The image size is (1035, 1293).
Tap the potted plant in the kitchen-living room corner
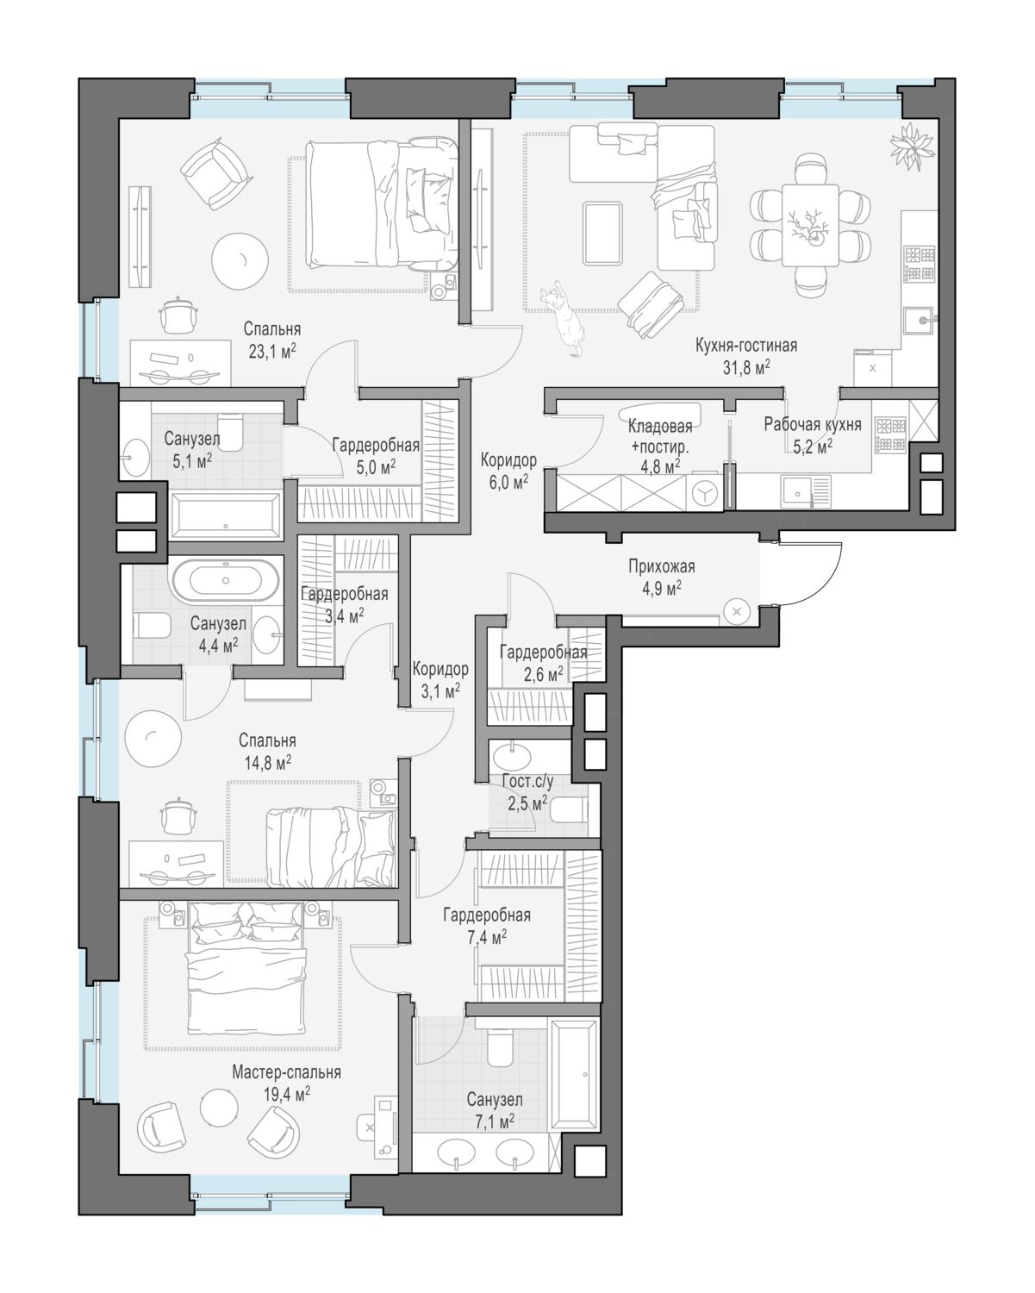tap(913, 146)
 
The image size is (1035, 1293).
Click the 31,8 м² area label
tap(746, 367)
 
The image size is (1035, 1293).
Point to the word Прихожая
tap(661, 566)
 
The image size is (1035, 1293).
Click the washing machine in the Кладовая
tap(705, 493)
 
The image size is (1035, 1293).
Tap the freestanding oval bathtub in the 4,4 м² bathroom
tap(225, 580)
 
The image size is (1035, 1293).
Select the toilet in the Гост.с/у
tap(568, 809)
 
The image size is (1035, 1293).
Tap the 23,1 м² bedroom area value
tap(272, 352)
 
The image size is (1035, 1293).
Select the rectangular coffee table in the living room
tap(602, 233)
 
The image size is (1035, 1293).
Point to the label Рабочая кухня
tap(812, 424)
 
